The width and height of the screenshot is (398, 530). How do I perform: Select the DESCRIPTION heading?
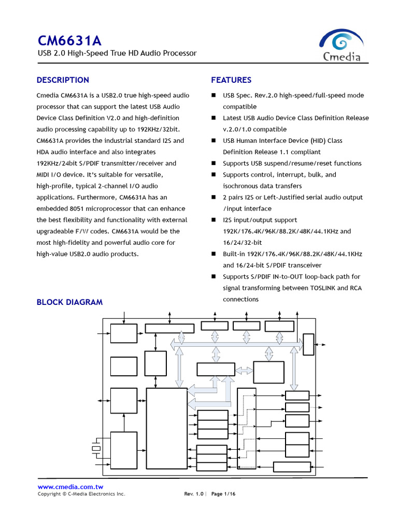tap(63, 80)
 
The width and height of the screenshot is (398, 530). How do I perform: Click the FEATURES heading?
tap(231, 80)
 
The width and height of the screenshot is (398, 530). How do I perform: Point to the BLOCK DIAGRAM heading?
tap(69, 302)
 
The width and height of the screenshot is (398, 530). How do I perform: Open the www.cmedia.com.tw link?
tap(70, 487)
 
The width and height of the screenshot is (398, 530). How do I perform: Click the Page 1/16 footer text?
tap(223, 494)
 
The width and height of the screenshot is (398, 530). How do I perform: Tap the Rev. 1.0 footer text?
tap(194, 494)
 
